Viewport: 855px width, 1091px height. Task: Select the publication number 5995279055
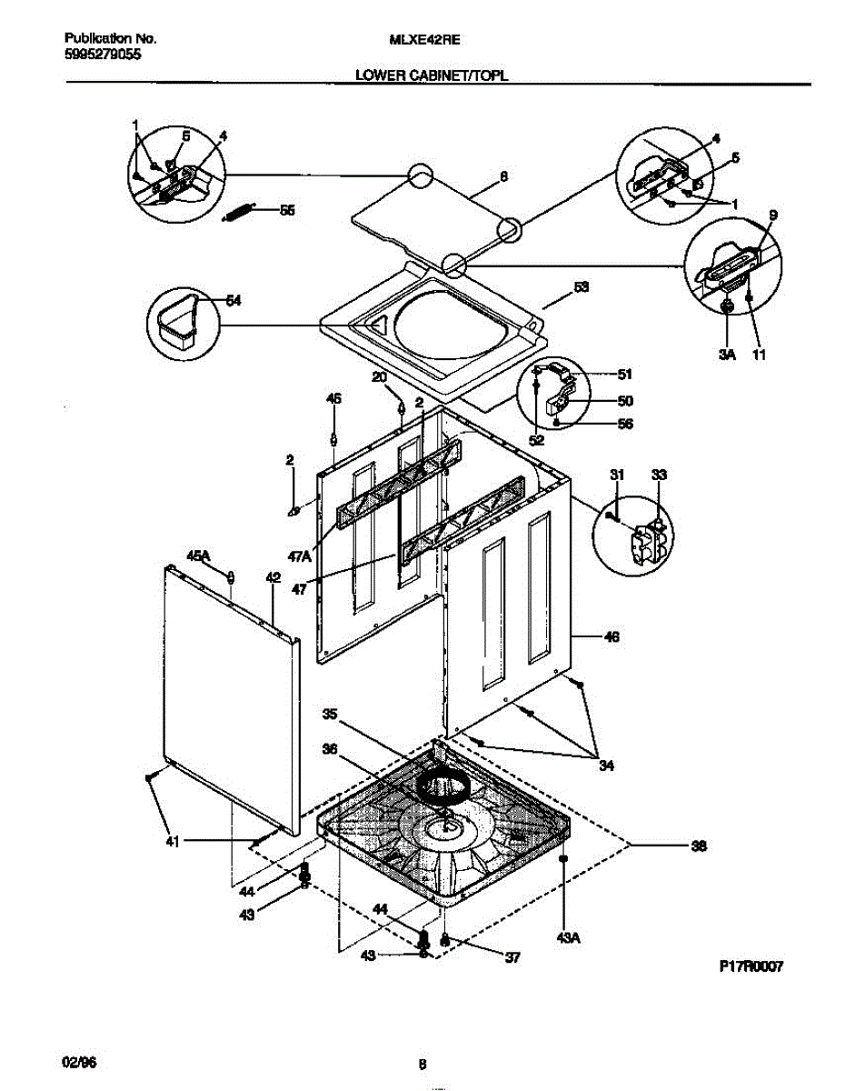(104, 54)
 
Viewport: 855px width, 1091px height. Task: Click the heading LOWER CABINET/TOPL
(432, 77)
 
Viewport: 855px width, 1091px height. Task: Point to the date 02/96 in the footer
(80, 1062)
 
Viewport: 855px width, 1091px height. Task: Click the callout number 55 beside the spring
(287, 210)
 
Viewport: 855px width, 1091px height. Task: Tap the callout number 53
(581, 287)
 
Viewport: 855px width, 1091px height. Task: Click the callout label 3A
(726, 355)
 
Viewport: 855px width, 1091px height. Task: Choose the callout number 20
(379, 376)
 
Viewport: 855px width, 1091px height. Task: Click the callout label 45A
(198, 555)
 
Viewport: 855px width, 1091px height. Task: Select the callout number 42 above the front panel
(273, 576)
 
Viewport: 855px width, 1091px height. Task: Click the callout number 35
(330, 715)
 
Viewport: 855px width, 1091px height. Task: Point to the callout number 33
(659, 474)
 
